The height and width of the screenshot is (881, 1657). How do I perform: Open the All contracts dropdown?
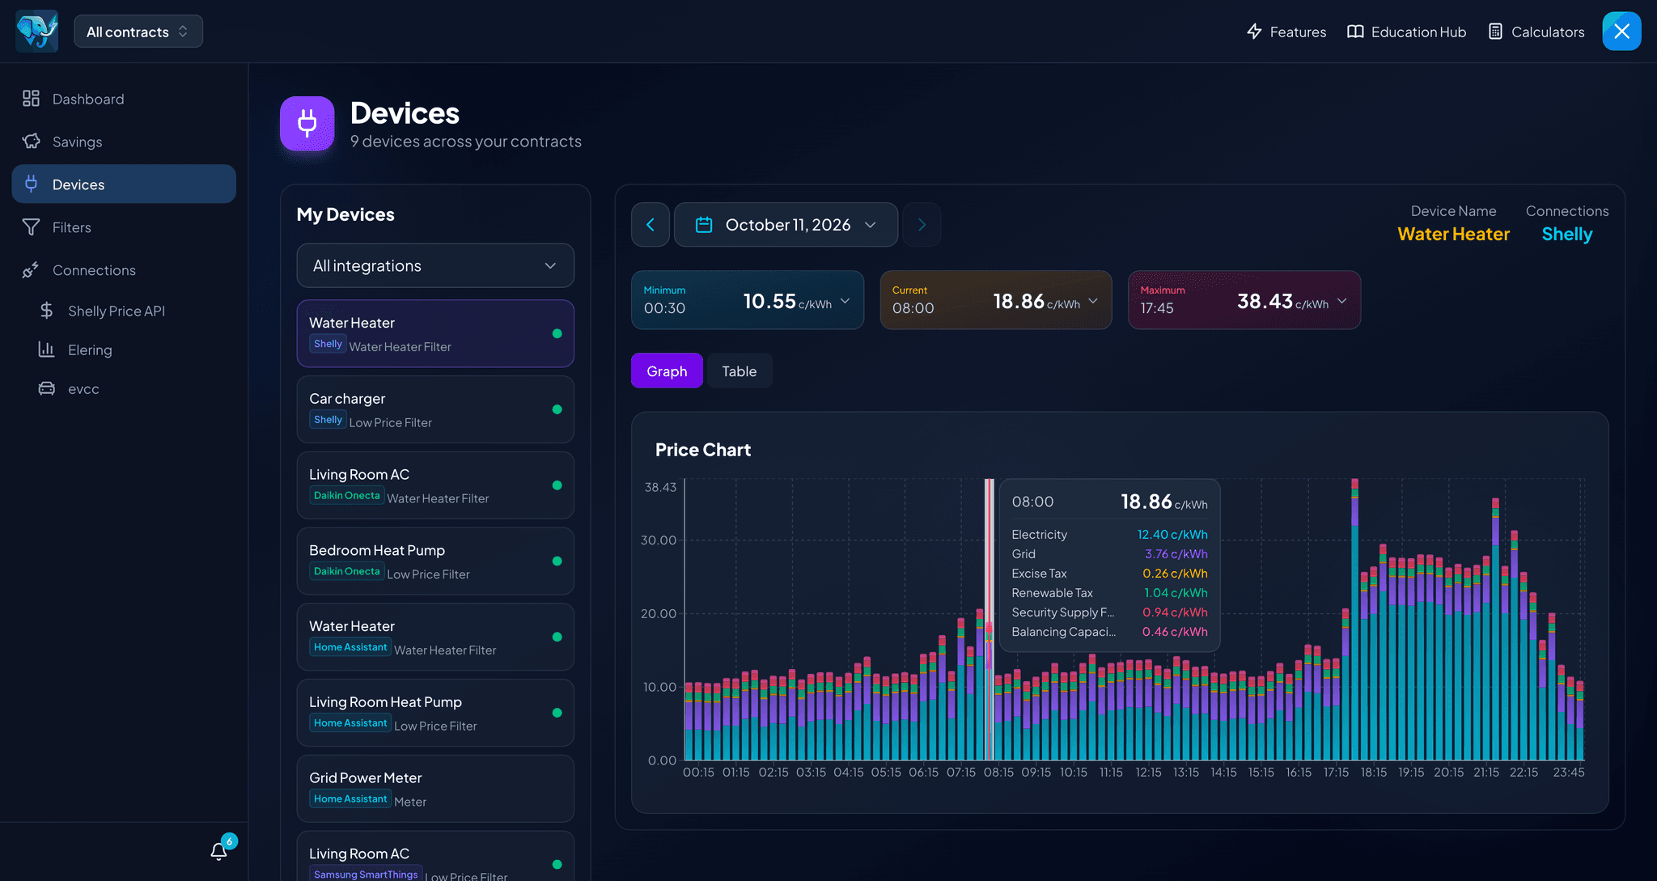coord(138,32)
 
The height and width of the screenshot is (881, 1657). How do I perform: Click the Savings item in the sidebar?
coord(77,142)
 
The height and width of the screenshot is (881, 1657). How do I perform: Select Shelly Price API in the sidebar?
coord(117,311)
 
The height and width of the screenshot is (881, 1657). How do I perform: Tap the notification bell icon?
coord(218,851)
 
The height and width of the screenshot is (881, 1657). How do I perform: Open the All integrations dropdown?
coord(435,265)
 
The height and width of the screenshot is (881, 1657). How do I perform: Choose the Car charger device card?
coord(435,409)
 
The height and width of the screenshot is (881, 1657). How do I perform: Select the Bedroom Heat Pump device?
coord(435,561)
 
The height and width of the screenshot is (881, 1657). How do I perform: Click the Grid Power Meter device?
coord(435,789)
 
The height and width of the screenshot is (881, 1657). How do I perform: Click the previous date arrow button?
coord(651,225)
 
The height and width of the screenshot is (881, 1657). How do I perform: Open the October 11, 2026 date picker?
coord(786,225)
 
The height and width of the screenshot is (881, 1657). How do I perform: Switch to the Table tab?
coord(740,371)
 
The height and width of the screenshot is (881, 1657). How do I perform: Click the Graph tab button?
coord(667,371)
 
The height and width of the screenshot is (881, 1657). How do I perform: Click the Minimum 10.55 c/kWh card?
coord(748,300)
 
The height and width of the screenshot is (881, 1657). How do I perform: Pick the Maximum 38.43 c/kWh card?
coord(1244,300)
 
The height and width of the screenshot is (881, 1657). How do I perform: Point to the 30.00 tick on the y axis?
coord(659,540)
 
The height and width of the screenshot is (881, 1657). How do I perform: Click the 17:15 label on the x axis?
coord(1336,773)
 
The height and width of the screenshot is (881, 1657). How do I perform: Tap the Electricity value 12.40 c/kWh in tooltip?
coord(1172,535)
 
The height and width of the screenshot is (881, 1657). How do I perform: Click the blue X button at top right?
coord(1622,32)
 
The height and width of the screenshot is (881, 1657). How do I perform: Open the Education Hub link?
coord(1406,32)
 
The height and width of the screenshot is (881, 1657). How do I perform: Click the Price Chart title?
coord(703,450)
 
